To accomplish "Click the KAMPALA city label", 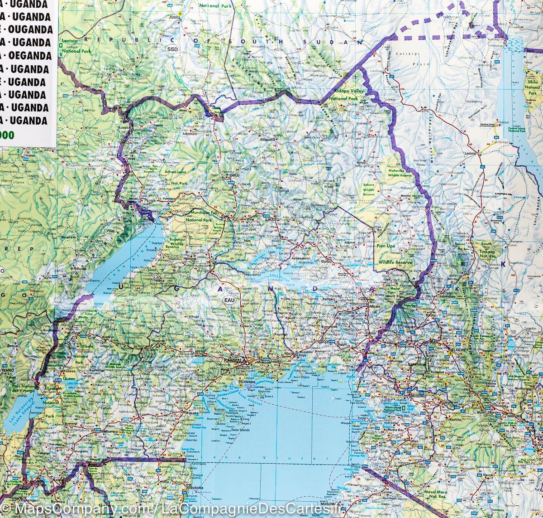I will [234, 361].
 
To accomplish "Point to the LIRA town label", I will [271, 219].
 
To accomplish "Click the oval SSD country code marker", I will [172, 48].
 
